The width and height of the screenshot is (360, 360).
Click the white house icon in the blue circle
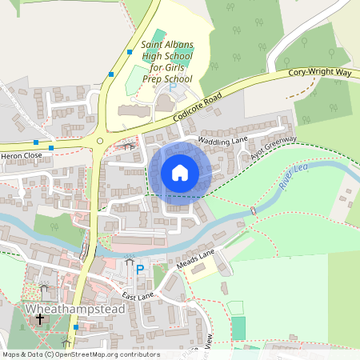coord(180,172)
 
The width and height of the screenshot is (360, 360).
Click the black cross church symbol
coord(39,320)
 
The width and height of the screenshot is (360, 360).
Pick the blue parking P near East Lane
coord(140,270)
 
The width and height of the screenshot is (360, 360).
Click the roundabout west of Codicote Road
coord(100,142)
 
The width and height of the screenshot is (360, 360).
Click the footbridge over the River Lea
coord(253,211)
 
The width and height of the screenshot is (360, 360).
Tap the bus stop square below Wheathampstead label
coord(75,326)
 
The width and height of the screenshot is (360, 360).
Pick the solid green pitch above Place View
coord(238,328)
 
